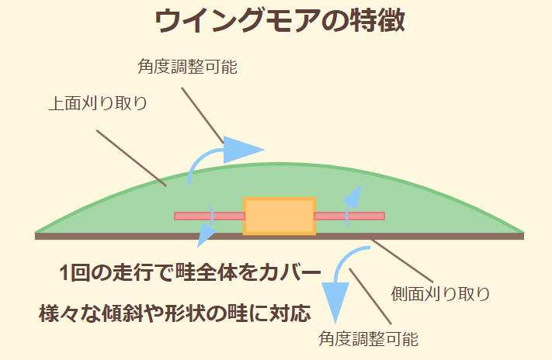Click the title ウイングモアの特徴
279,21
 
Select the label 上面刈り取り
98,103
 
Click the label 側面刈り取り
440,293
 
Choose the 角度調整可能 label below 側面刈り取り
369,339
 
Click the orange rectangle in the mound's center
279,216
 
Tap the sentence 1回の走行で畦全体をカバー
190,273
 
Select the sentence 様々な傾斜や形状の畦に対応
175,313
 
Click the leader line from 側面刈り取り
404,260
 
